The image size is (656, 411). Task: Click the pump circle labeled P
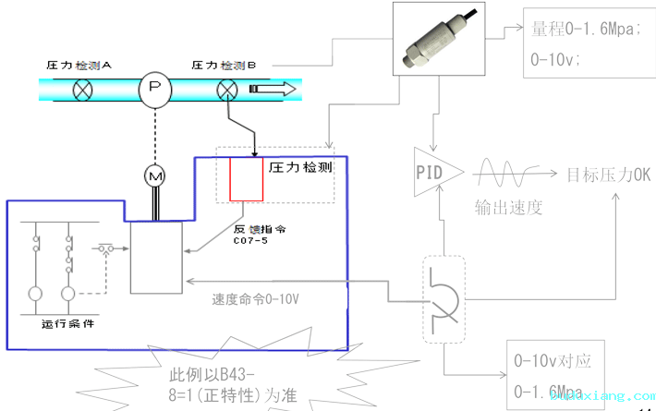[x=155, y=90]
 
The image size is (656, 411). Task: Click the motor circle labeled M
[x=155, y=174]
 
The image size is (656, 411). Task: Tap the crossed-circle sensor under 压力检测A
[x=83, y=90]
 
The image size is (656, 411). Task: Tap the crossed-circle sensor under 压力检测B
[x=227, y=90]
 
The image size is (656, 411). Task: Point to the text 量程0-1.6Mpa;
[x=582, y=30]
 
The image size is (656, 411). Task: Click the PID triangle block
[x=431, y=172]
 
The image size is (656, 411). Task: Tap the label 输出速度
[x=508, y=207]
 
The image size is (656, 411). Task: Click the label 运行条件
[x=67, y=323]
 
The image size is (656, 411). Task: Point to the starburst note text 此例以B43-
[x=211, y=376]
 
